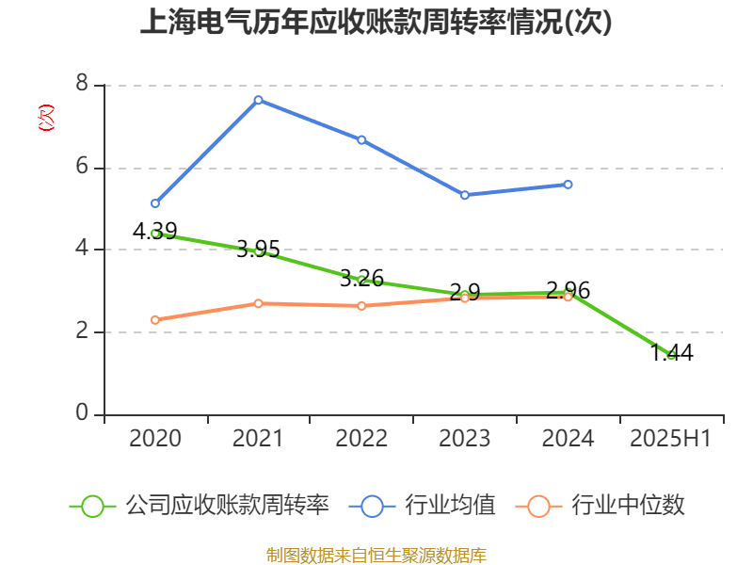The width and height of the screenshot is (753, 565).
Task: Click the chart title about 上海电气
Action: pos(376,23)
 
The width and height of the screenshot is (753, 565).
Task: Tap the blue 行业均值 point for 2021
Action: pos(258,100)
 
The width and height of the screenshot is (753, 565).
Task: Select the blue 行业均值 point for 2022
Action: pos(361,139)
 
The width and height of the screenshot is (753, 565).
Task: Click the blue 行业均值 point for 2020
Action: pos(155,203)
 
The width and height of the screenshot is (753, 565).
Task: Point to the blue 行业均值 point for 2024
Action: pos(568,184)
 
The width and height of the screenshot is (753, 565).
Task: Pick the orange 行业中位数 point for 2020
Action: pos(155,320)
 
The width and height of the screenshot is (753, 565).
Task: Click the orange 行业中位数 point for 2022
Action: pos(361,306)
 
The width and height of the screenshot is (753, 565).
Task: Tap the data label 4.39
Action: pos(154,231)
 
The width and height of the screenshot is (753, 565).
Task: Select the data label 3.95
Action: pos(258,249)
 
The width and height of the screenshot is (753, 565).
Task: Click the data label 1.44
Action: pos(671,353)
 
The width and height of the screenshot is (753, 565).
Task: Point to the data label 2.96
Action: pos(568,290)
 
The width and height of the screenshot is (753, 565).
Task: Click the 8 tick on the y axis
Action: pos(82,85)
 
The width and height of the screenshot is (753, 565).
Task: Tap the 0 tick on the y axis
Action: pos(82,414)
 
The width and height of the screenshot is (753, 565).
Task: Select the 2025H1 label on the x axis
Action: pos(671,439)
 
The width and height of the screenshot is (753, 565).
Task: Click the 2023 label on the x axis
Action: pos(465,439)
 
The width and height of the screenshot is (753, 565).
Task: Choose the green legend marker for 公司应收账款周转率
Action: pos(92,506)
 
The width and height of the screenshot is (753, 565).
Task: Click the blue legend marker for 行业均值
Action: pos(372,506)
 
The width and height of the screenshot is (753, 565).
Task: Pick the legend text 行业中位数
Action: pos(628,506)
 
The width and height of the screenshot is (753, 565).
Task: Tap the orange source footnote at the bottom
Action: pos(376,555)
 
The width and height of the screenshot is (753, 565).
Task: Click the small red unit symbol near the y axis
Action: pos(45,118)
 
